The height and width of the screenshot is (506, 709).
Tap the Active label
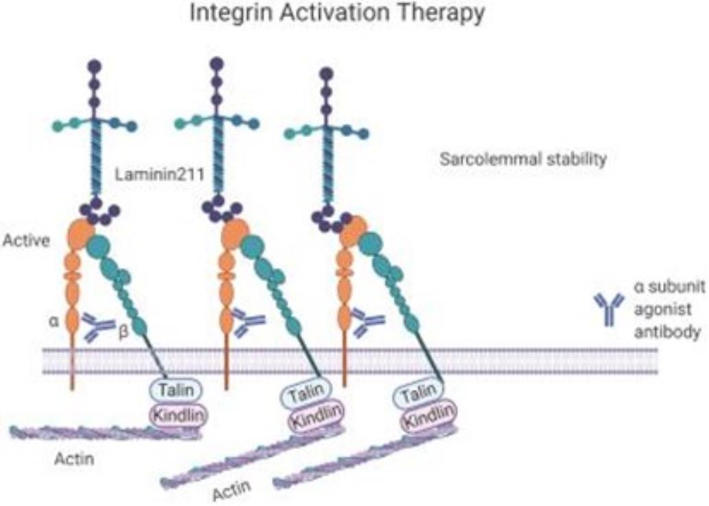click(x=23, y=241)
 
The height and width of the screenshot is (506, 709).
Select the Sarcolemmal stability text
click(x=523, y=160)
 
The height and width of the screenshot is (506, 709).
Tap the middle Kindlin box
click(x=312, y=420)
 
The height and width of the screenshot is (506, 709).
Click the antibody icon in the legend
click(x=609, y=309)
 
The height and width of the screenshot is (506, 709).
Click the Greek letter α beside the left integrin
click(x=53, y=320)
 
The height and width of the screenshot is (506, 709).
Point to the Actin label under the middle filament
click(x=230, y=492)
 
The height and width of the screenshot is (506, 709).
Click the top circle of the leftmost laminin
click(x=95, y=67)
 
